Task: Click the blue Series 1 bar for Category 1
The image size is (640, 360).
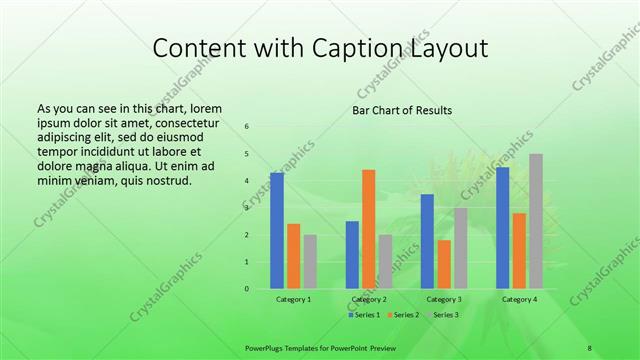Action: [x=277, y=231]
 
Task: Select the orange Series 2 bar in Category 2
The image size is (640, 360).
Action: [x=369, y=229]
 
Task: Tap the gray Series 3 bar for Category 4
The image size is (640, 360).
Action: [x=536, y=221]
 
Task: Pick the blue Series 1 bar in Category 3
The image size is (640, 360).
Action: [x=427, y=241]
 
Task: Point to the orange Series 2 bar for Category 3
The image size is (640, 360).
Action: [x=444, y=264]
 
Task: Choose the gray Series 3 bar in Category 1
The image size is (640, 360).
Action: [x=310, y=262]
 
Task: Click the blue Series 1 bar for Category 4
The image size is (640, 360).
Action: [x=502, y=228]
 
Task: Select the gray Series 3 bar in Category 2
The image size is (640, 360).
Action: [x=386, y=262]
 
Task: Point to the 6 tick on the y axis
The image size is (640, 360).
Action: [x=247, y=126]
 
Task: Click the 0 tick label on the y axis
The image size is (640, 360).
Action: [x=247, y=289]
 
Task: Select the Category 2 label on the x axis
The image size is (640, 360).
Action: [x=369, y=299]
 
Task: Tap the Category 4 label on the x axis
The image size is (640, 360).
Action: [x=519, y=299]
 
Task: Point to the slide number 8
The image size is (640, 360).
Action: [x=590, y=347]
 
